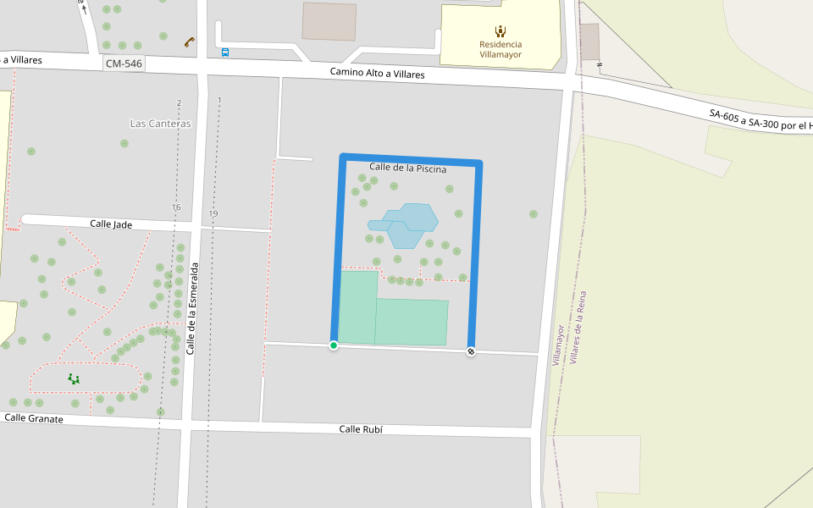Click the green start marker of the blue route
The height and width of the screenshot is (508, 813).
coord(334,345)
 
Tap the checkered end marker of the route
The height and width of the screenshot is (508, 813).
coord(471,351)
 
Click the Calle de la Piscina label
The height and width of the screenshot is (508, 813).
coord(407,168)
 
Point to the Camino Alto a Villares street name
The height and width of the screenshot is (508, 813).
coord(377,74)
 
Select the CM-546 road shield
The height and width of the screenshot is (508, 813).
coord(124,63)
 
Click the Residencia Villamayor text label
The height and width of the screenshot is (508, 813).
coord(501,49)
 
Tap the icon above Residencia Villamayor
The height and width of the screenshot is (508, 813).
coord(501,31)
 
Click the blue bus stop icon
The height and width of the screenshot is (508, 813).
coord(224,52)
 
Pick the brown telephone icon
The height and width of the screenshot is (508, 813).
coord(189,41)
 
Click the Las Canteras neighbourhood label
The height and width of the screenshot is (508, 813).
coord(160,124)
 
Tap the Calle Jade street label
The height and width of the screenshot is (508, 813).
coord(112,224)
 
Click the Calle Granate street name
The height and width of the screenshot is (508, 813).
coord(34,418)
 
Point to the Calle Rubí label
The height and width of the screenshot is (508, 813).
coord(361,429)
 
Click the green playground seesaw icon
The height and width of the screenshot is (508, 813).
coord(74,379)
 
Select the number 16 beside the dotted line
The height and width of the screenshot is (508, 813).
coord(176,207)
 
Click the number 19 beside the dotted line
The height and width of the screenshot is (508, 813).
coord(213,214)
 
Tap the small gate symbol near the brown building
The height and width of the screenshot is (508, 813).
coord(600,64)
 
